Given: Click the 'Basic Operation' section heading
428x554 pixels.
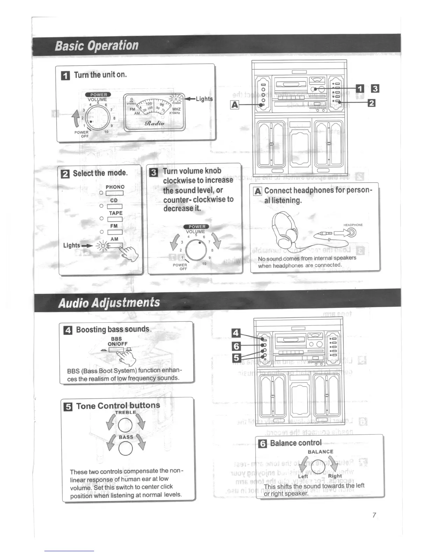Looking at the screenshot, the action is pos(97,45).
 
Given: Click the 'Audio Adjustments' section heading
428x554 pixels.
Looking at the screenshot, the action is pos(109,302).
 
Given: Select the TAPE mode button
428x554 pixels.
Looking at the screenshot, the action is pos(115,219).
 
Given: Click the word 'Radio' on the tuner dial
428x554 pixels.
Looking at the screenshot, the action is pos(155,123).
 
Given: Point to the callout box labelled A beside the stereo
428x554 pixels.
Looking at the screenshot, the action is pos(235,105).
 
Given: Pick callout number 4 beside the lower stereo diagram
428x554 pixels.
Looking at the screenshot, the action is pos(237,333).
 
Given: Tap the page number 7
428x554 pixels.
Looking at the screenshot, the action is pos(374,515).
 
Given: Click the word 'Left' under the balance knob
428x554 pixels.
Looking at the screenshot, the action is pos(303,476).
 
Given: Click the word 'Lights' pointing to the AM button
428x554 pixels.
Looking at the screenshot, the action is pos(72,245).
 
